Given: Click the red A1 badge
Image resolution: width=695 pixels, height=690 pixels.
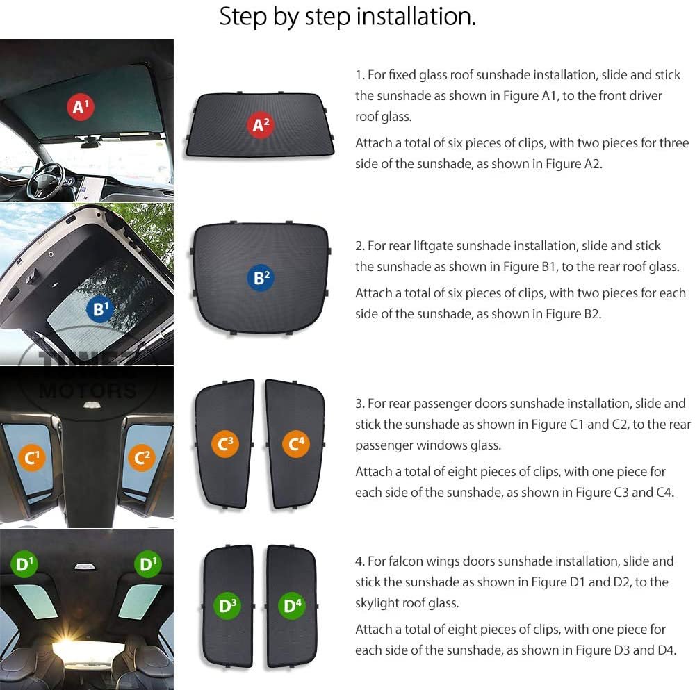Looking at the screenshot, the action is [x=80, y=107].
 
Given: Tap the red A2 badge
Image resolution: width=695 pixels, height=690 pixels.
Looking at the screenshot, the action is [x=261, y=125].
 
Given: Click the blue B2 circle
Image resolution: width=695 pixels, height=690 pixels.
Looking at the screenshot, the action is [x=261, y=278].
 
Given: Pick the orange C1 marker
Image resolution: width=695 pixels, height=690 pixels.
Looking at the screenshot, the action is [x=31, y=458].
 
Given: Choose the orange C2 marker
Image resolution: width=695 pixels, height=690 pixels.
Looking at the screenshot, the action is [x=142, y=457].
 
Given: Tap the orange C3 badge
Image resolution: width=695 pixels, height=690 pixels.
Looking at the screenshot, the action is [x=225, y=443].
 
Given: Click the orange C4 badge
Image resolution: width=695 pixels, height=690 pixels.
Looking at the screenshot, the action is [x=296, y=443].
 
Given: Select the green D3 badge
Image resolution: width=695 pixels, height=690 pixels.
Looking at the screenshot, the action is [x=228, y=605].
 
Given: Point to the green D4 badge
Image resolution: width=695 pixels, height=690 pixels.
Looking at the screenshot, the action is [x=292, y=605].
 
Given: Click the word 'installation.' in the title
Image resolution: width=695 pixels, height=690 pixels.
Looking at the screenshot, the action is [x=416, y=17].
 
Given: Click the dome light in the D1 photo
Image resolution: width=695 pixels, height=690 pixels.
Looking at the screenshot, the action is [x=84, y=566].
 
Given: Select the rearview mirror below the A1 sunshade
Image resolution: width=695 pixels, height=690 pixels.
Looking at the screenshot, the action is [x=90, y=142].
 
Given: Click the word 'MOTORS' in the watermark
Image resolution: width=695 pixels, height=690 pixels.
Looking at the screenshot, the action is [x=88, y=391].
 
